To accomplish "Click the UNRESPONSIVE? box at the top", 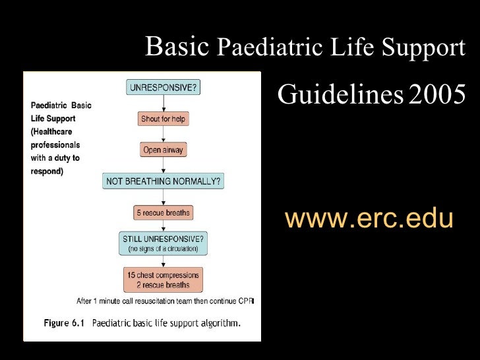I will click(164, 87).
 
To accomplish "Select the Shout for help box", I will click(164, 119).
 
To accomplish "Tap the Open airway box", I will click(164, 150).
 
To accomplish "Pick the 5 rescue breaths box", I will click(164, 213).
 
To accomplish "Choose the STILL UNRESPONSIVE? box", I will click(164, 243).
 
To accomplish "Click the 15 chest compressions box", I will click(164, 280).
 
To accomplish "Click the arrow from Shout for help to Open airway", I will click(164, 135).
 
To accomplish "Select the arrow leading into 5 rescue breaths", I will click(164, 197).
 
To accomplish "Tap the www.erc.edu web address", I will click(369, 218).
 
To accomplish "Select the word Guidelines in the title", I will click(340, 96).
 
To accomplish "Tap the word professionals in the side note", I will click(55, 144).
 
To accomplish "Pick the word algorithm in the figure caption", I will click(218, 323).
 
